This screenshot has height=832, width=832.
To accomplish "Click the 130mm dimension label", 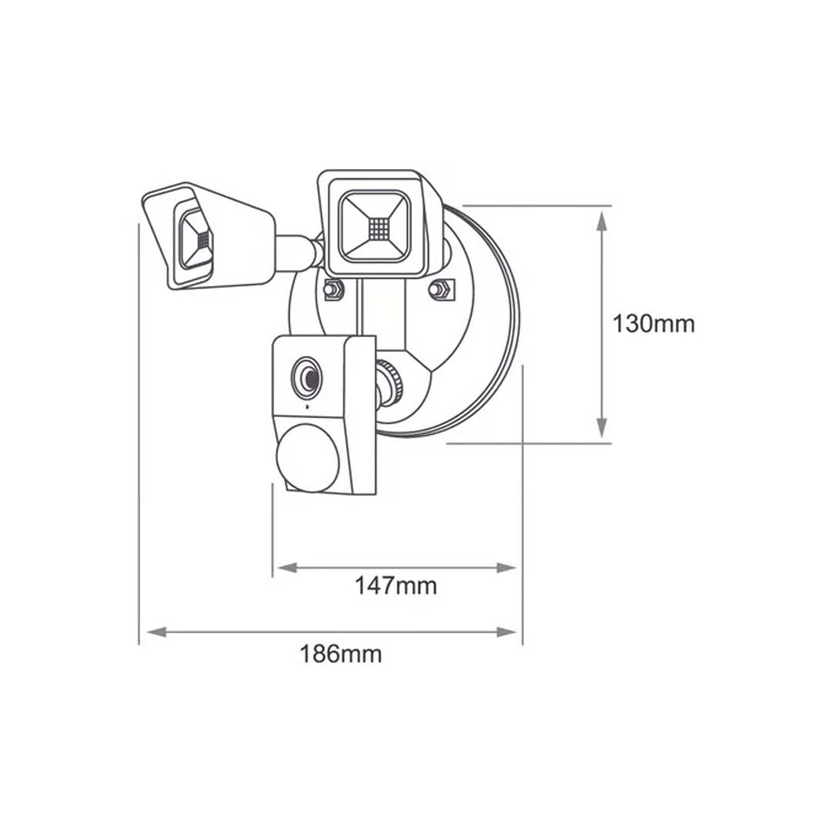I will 653,324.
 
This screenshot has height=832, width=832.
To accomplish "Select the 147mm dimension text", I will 395,585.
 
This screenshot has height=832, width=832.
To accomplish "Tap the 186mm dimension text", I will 341,654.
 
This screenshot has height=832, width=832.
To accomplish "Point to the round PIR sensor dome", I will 306,456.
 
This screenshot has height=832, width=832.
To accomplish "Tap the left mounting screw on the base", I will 333,290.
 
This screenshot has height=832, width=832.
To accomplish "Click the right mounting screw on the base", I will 439,290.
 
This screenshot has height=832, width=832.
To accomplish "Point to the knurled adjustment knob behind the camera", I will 391,381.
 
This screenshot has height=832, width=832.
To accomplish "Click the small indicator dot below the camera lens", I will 307,406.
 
